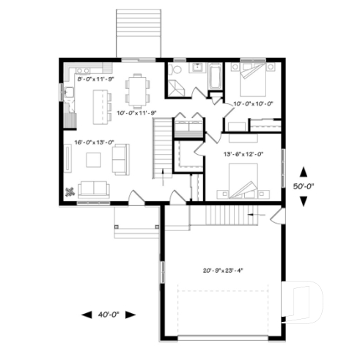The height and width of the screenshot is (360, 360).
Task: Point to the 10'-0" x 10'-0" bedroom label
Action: coord(253,104)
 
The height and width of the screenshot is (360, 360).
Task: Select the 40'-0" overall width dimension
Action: coord(109,315)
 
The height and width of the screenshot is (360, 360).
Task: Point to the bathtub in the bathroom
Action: coord(215,79)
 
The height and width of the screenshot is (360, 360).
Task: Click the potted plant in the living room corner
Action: coord(70,192)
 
